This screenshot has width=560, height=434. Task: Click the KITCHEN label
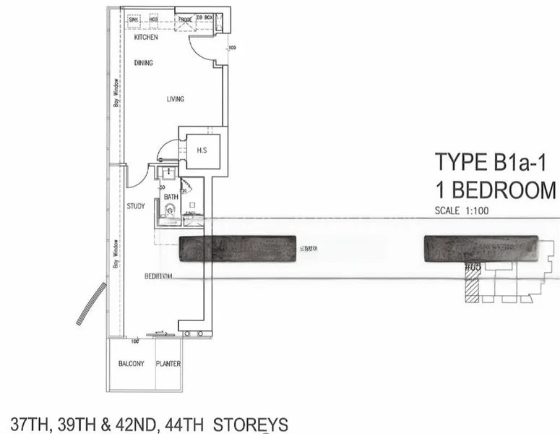click(145, 37)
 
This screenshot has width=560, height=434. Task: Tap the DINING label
click(144, 63)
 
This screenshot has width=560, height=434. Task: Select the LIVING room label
click(175, 99)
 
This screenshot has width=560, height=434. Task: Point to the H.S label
click(202, 150)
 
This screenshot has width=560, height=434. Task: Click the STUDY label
click(136, 206)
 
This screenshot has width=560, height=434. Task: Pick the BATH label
click(171, 197)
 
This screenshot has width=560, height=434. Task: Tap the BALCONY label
click(132, 364)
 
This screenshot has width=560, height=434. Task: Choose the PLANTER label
click(168, 364)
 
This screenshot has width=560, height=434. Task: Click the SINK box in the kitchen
click(134, 19)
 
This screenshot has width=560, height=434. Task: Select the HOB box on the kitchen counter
click(153, 19)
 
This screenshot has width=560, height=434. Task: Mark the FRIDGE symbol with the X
click(184, 22)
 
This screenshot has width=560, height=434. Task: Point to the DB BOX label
click(204, 18)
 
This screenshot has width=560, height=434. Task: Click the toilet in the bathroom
click(170, 210)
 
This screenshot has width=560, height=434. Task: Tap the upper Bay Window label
click(116, 92)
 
